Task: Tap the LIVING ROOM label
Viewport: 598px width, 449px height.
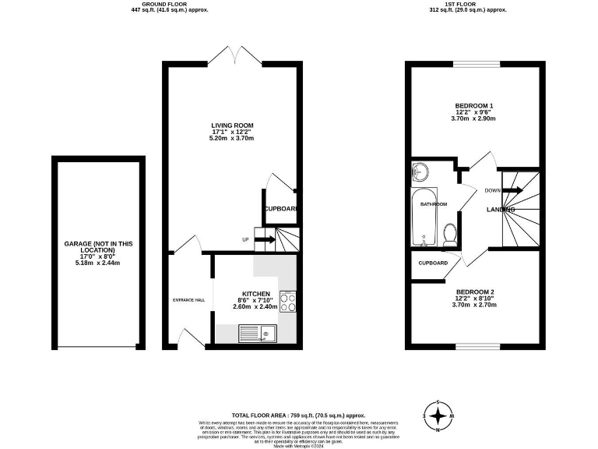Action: pyautogui.click(x=232, y=125)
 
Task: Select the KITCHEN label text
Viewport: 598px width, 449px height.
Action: pyautogui.click(x=256, y=294)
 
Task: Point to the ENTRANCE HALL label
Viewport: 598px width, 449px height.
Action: pyautogui.click(x=188, y=300)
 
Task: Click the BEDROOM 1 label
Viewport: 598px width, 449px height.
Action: pyautogui.click(x=474, y=105)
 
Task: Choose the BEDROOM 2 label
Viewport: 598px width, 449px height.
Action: pyautogui.click(x=474, y=292)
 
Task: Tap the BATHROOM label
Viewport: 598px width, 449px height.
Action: pyautogui.click(x=434, y=204)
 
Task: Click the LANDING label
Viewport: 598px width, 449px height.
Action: pyautogui.click(x=501, y=210)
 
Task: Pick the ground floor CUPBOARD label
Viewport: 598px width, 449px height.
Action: pyautogui.click(x=280, y=209)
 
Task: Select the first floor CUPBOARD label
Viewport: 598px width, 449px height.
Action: pyautogui.click(x=433, y=263)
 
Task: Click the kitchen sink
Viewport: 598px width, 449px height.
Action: pyautogui.click(x=260, y=334)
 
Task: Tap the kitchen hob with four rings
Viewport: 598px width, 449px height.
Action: pyautogui.click(x=288, y=302)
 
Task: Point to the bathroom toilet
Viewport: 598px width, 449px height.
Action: pyautogui.click(x=449, y=233)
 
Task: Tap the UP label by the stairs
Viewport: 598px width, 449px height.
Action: pyautogui.click(x=246, y=239)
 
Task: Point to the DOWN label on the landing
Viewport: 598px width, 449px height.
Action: pyautogui.click(x=492, y=190)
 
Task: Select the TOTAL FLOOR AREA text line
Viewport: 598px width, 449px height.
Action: pyautogui.click(x=298, y=415)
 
